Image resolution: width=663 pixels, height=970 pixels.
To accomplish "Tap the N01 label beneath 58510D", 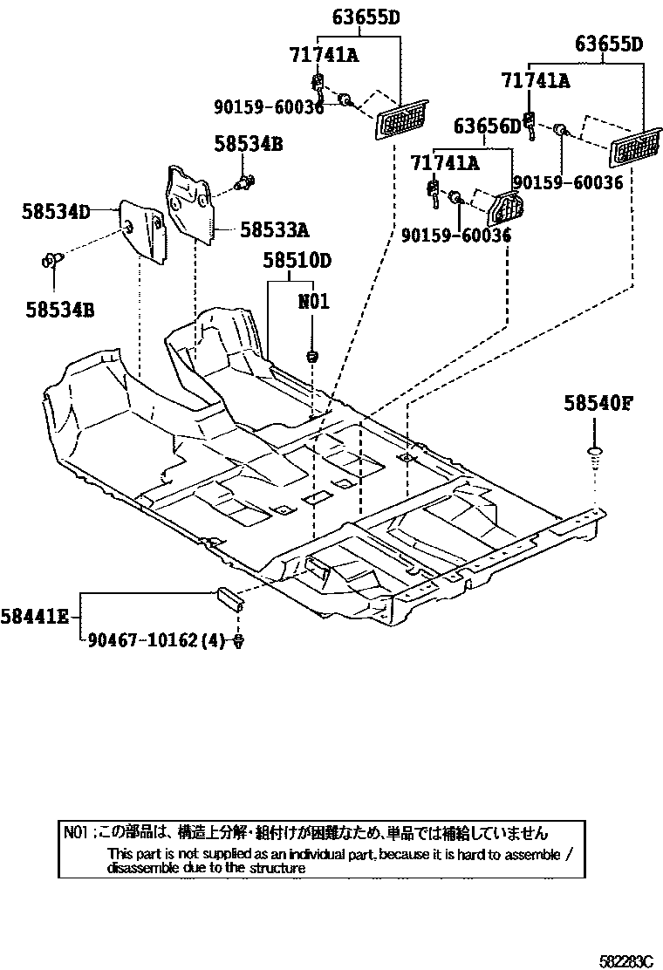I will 313,302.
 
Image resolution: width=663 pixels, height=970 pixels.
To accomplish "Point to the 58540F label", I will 596,403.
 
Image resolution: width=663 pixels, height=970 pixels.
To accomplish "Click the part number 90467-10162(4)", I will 158,641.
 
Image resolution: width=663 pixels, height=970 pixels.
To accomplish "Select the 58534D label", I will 56,211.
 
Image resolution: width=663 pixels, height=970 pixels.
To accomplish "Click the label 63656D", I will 486,127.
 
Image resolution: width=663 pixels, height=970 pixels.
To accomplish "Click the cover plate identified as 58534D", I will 143,229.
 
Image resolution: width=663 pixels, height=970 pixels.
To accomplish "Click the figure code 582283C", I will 625,960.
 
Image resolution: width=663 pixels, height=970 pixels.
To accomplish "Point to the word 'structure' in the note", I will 279,868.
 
